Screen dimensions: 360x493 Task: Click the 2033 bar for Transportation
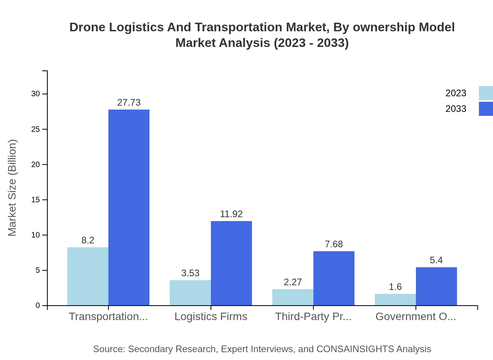click(x=129, y=207)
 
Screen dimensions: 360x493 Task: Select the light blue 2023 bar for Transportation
click(x=88, y=276)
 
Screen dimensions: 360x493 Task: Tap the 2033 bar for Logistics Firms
click(x=231, y=263)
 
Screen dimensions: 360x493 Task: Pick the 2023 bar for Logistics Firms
click(x=190, y=293)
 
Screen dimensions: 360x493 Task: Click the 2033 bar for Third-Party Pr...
click(x=334, y=278)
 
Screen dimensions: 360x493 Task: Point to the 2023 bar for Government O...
click(x=395, y=299)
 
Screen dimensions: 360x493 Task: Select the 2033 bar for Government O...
click(x=436, y=286)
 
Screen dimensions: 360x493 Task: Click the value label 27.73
click(x=129, y=103)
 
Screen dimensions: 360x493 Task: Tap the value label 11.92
click(x=231, y=214)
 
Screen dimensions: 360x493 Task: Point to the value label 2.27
click(x=293, y=282)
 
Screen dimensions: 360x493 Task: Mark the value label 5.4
click(x=436, y=260)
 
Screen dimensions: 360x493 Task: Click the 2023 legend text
click(x=456, y=93)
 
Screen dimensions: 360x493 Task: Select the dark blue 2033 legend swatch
click(x=486, y=109)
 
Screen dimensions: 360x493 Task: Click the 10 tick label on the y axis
click(x=36, y=235)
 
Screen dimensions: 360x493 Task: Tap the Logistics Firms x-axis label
click(x=211, y=317)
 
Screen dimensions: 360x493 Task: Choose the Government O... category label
click(x=416, y=317)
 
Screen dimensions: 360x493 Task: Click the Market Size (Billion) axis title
click(x=13, y=188)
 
